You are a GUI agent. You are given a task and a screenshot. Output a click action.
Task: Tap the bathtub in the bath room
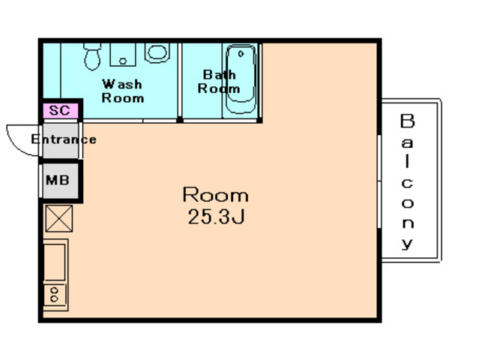pos(241,79)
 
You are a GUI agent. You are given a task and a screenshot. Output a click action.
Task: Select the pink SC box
pos(61,110)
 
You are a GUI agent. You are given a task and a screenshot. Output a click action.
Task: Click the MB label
pos(58,180)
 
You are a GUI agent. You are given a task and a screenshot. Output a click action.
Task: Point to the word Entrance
pos(64,139)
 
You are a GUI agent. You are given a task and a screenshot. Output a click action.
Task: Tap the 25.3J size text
pos(217,217)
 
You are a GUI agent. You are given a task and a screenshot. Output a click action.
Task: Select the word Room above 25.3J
pos(216,194)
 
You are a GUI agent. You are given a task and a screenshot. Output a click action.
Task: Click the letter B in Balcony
pos(407,121)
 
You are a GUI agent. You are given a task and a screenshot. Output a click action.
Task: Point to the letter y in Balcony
pos(407,243)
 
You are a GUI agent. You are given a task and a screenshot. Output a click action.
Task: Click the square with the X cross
pos(59,218)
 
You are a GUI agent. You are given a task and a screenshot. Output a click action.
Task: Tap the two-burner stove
pos(55,295)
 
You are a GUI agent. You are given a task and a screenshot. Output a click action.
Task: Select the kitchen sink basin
pos(55,262)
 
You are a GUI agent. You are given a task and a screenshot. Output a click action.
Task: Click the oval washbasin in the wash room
pos(157,52)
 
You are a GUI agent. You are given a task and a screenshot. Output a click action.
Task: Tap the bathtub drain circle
pos(241,54)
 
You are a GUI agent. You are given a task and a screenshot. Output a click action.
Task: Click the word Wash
pos(122,84)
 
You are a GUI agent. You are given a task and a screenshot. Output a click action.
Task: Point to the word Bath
pos(220,74)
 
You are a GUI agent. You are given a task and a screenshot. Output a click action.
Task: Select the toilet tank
pos(92,46)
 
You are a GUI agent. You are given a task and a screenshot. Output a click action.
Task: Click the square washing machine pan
pos(123,55)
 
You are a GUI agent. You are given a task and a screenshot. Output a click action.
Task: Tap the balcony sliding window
pos(379,181)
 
